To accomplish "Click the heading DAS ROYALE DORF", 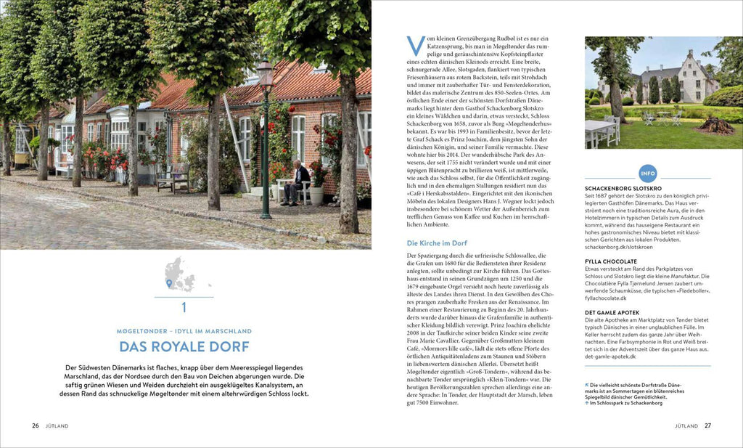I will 184,346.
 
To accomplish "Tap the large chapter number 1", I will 184,307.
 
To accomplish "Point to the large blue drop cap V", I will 414,45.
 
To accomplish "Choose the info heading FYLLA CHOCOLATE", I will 611,261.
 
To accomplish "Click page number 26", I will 35,425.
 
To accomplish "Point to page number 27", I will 707,425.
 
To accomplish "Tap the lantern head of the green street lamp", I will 266,73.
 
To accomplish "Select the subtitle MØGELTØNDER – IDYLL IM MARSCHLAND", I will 184,331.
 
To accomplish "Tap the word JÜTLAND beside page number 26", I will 57,425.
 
